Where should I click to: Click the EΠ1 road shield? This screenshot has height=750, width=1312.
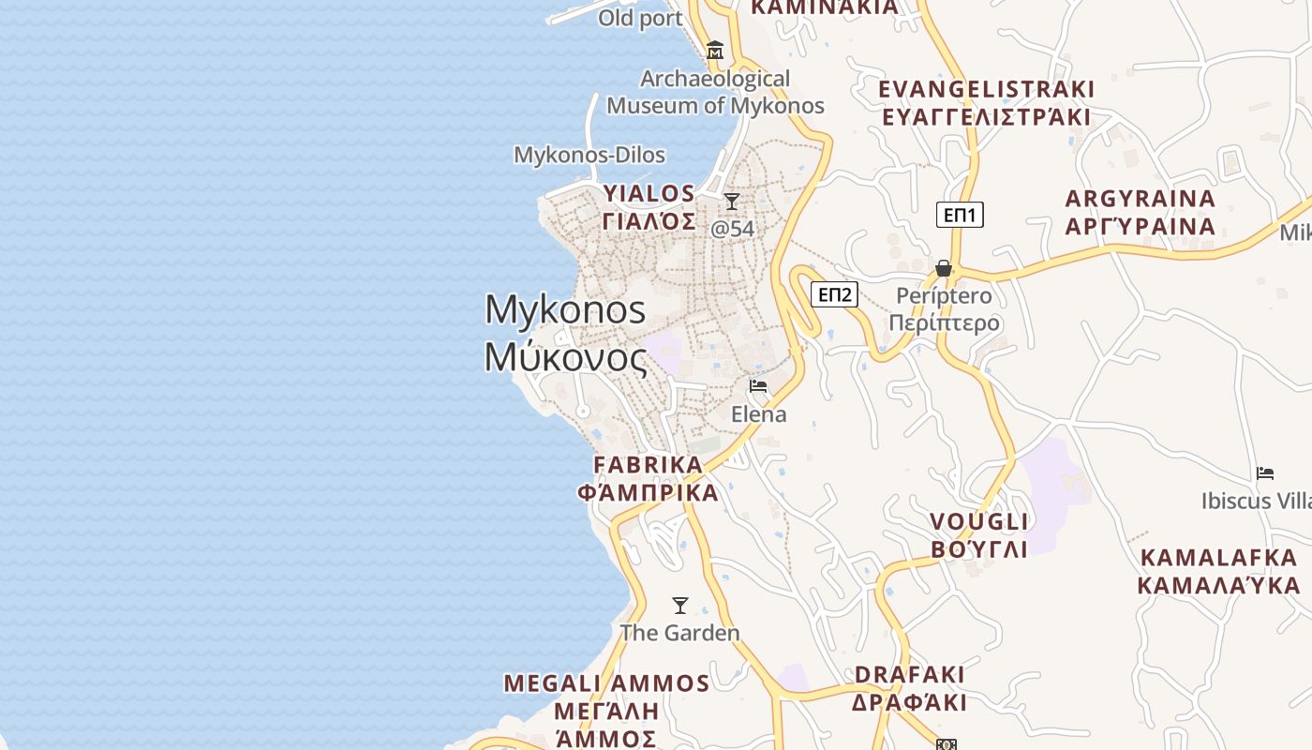(x=960, y=215)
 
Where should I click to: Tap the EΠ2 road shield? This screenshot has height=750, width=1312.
(x=834, y=294)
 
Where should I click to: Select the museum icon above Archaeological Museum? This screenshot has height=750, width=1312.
(x=715, y=50)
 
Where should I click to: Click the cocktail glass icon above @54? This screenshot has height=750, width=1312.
(x=732, y=202)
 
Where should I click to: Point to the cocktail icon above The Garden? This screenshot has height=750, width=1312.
(x=680, y=606)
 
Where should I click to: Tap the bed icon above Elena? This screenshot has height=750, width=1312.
(x=758, y=386)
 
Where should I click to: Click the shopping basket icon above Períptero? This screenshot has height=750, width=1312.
(x=944, y=269)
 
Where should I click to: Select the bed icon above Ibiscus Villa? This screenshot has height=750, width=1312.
(x=1265, y=473)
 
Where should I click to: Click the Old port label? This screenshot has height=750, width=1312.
(x=640, y=18)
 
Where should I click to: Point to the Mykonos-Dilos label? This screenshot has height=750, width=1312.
(x=589, y=155)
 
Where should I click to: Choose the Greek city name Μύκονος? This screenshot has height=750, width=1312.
(x=565, y=357)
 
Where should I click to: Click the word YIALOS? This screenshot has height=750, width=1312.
(x=649, y=194)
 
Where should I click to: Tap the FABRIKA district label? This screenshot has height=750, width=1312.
(x=648, y=465)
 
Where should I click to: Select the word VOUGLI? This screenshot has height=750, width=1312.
(x=979, y=522)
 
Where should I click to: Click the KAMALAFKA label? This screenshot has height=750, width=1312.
(x=1218, y=558)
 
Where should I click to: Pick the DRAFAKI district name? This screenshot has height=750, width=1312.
(x=909, y=675)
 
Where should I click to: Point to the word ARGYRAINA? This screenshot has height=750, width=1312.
(x=1141, y=199)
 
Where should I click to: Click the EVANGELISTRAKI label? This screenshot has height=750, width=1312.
(x=986, y=90)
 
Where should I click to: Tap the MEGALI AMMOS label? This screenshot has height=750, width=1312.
(x=606, y=682)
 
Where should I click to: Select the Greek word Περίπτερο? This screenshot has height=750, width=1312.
(x=944, y=323)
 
